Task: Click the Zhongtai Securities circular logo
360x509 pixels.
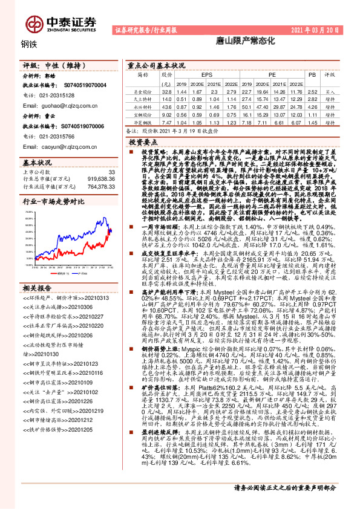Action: [x=34, y=22]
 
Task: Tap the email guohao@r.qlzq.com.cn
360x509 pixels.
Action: [x=57, y=104]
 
